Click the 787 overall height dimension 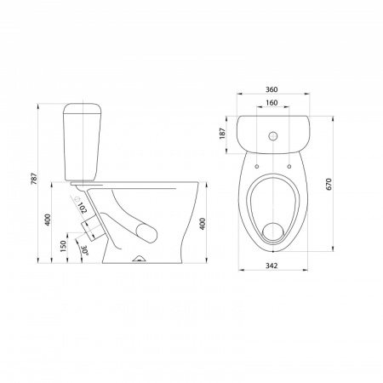coord(34,179)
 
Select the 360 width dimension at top coord(272,89)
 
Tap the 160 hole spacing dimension coord(272,102)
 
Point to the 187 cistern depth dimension coord(222,134)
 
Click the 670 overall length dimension coord(329,184)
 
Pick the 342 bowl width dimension coord(272,266)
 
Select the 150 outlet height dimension coord(63,246)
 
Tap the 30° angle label coord(84,250)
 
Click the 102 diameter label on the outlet coord(81,206)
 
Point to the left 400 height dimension coord(48,220)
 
